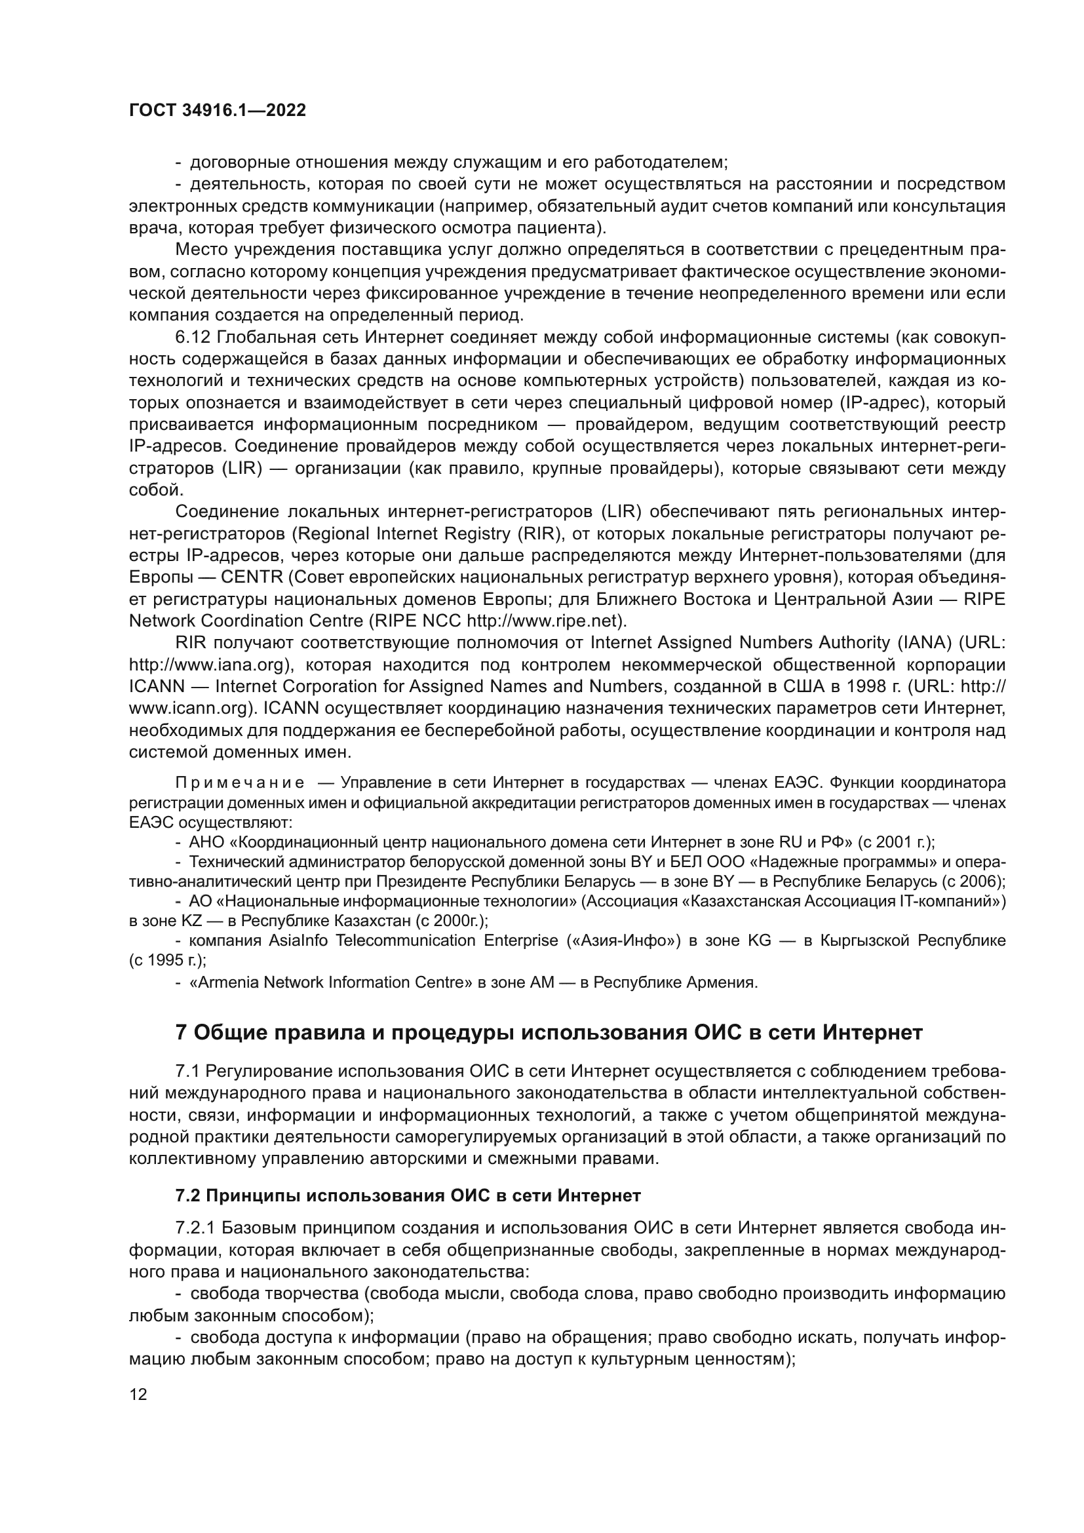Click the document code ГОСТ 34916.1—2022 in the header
click(x=218, y=111)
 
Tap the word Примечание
click(x=240, y=783)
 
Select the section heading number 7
click(x=181, y=1033)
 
